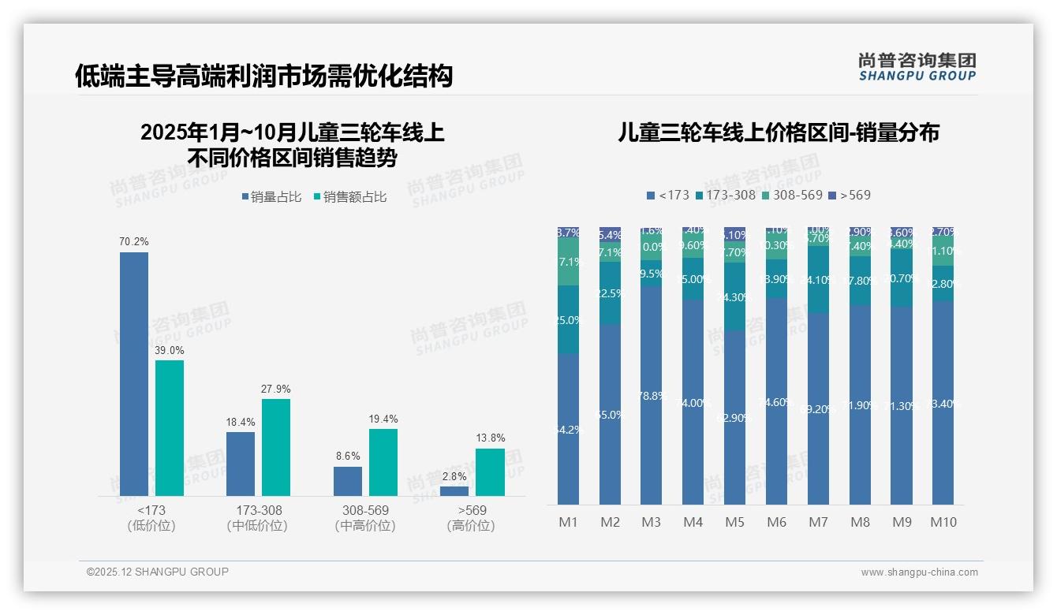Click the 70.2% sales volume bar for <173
coord(134,375)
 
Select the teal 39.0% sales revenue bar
coord(170,428)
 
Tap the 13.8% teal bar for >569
coord(490,472)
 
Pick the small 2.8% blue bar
coord(454,491)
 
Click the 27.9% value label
coord(276,389)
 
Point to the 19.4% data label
coord(383,419)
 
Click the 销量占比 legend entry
coord(271,197)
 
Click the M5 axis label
coord(734,522)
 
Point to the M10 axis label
coord(943,522)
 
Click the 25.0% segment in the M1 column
coord(568,319)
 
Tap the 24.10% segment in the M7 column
coord(818,279)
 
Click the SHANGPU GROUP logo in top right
coord(917,67)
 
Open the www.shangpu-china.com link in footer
coord(919,572)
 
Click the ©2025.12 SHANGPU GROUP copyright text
coord(158,572)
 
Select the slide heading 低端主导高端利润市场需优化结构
coord(263,76)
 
